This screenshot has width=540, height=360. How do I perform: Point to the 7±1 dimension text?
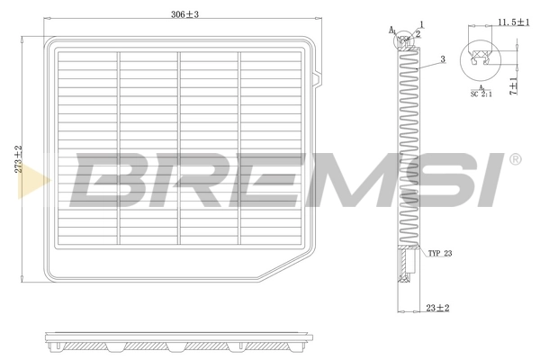(x=514, y=85)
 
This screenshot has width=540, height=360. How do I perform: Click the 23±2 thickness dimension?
(x=437, y=307)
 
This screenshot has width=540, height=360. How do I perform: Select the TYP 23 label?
(x=440, y=254)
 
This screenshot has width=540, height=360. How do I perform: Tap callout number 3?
(x=443, y=60)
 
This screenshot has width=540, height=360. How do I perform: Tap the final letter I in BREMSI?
(x=490, y=178)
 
